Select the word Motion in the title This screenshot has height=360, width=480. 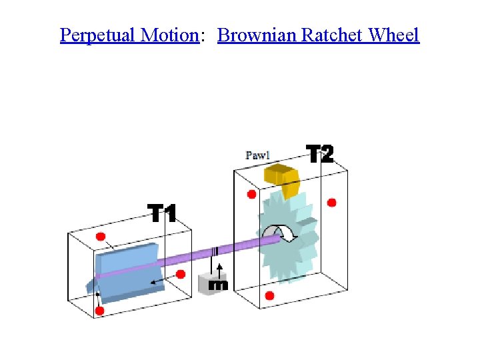coord(170,35)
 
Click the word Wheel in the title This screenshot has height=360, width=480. coord(394,35)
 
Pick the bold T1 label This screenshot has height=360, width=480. coord(162,214)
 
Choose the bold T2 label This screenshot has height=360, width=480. coord(320,154)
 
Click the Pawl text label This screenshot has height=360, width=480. coord(258,155)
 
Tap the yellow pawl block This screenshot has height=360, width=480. coord(282,179)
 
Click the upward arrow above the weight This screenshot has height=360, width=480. coord(220,269)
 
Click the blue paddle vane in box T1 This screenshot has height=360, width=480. coord(127,273)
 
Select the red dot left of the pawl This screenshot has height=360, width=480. coord(251,195)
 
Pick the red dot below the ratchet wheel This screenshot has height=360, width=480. coord(269,295)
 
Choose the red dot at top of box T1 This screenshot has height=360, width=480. coord(101,237)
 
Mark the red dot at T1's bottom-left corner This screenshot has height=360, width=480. coord(99,311)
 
